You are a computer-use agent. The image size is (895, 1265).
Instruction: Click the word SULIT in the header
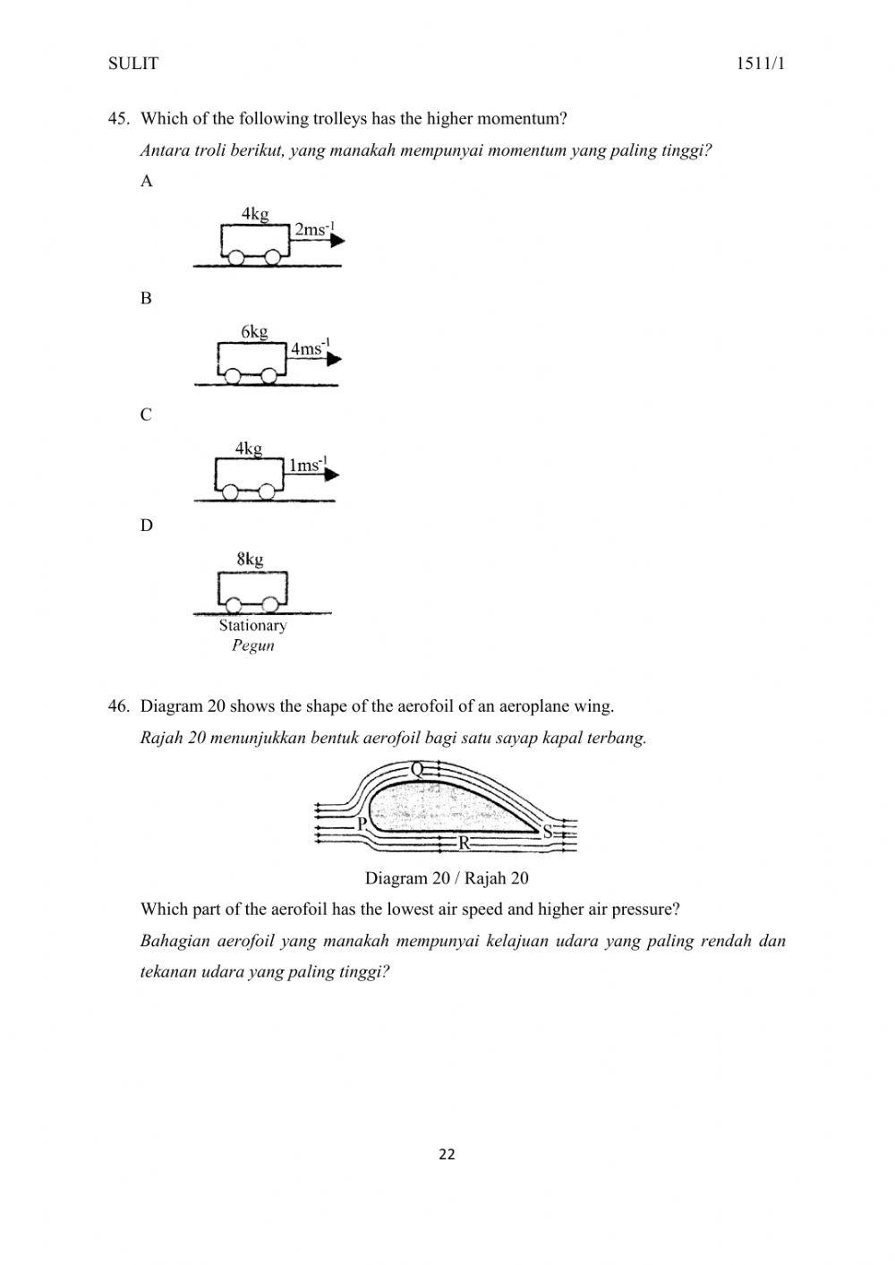click(132, 64)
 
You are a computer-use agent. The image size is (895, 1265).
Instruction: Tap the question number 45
click(119, 118)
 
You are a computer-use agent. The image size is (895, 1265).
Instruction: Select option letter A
click(147, 181)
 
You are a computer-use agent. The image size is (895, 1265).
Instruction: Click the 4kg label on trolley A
click(255, 213)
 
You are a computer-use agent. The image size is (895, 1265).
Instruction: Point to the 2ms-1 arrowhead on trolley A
click(337, 241)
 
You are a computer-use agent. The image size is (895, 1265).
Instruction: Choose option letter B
click(147, 298)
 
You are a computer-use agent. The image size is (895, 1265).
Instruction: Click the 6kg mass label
click(254, 331)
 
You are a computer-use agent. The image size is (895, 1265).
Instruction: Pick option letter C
click(147, 415)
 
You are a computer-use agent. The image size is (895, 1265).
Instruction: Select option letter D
click(147, 526)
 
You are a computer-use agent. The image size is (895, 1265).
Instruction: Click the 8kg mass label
click(250, 560)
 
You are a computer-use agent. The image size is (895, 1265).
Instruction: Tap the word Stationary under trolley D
click(252, 626)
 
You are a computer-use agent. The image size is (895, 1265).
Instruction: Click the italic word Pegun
click(252, 645)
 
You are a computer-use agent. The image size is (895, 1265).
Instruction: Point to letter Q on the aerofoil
click(417, 769)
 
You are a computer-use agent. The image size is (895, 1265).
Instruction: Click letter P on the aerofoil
click(362, 824)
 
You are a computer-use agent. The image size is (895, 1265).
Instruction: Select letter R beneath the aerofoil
click(464, 842)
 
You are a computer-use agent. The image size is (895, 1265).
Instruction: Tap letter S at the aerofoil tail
click(548, 832)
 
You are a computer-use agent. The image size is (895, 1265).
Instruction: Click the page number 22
click(447, 1155)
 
